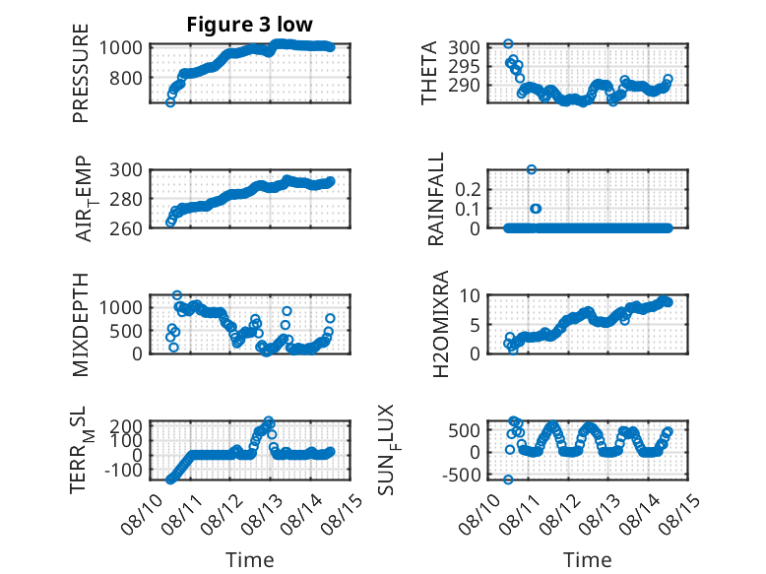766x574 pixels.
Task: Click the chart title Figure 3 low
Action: pos(250,25)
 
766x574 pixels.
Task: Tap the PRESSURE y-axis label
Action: pos(81,73)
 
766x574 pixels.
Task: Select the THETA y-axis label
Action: pos(428,73)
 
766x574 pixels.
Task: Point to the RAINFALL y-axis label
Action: pos(436,198)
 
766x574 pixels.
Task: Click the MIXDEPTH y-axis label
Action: pos(81,324)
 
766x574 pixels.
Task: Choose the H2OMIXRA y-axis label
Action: pos(441,324)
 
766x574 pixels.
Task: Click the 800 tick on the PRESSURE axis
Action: pos(126,78)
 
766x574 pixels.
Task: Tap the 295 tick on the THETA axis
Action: pos(464,66)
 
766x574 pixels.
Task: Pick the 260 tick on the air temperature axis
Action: pos(126,228)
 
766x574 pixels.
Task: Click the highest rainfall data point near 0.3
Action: pos(532,169)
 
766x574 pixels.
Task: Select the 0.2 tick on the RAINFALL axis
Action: pos(468,189)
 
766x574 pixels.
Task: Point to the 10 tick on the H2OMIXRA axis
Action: pos(470,295)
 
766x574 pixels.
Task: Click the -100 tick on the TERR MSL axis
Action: pos(123,471)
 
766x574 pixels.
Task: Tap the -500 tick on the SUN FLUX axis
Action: pos(461,475)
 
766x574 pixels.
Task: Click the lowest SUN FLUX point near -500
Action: pos(508,479)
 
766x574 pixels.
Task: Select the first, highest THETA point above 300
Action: pos(508,44)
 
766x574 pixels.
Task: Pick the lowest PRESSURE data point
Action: pos(170,102)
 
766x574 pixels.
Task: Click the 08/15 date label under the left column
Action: pos(343,514)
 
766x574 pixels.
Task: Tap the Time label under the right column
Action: pos(588,560)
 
